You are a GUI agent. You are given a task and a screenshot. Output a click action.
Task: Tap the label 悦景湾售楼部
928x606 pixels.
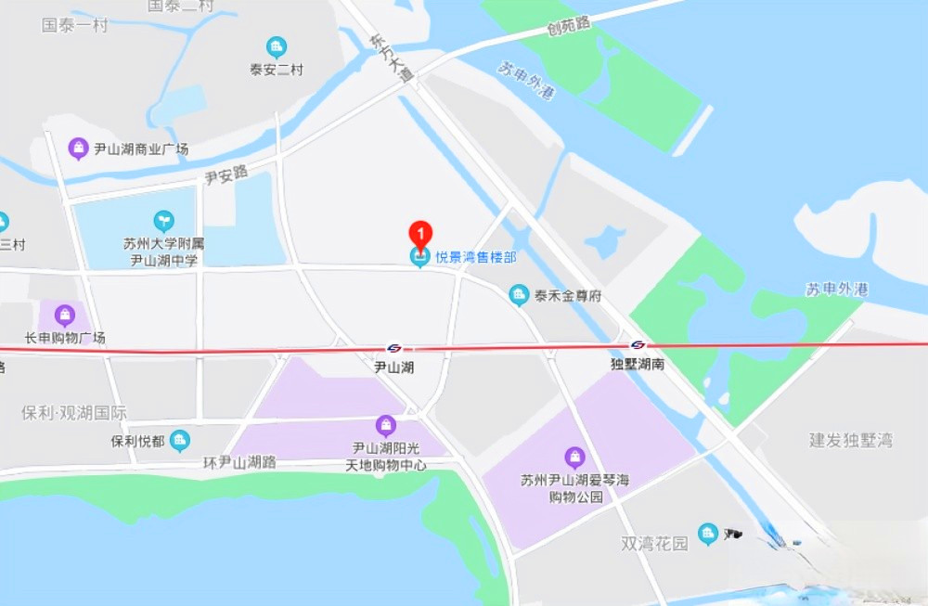476,257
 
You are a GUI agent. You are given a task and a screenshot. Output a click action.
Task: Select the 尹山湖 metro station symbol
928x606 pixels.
394,348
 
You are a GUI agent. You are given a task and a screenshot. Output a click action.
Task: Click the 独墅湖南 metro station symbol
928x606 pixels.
638,345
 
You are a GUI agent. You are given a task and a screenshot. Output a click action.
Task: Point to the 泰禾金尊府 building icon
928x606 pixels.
519,296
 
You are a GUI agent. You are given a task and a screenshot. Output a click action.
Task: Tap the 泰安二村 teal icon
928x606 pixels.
276,47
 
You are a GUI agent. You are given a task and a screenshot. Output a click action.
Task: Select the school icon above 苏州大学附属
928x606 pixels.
163,221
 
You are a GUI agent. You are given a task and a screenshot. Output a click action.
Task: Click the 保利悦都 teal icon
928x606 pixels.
180,440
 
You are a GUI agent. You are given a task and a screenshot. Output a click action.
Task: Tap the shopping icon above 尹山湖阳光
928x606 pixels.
386,426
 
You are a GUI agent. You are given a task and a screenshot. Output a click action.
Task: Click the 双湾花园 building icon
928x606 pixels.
708,533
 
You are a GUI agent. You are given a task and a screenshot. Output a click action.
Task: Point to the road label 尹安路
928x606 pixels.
226,174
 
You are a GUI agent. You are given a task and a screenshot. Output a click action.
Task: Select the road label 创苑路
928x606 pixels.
569,26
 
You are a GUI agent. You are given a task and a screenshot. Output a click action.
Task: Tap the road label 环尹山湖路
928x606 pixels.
239,461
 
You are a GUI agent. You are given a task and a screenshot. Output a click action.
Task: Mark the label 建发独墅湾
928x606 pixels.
851,439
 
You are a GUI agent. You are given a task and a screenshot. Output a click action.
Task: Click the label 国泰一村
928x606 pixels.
74,25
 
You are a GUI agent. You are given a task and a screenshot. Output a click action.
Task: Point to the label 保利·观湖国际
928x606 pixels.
74,412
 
